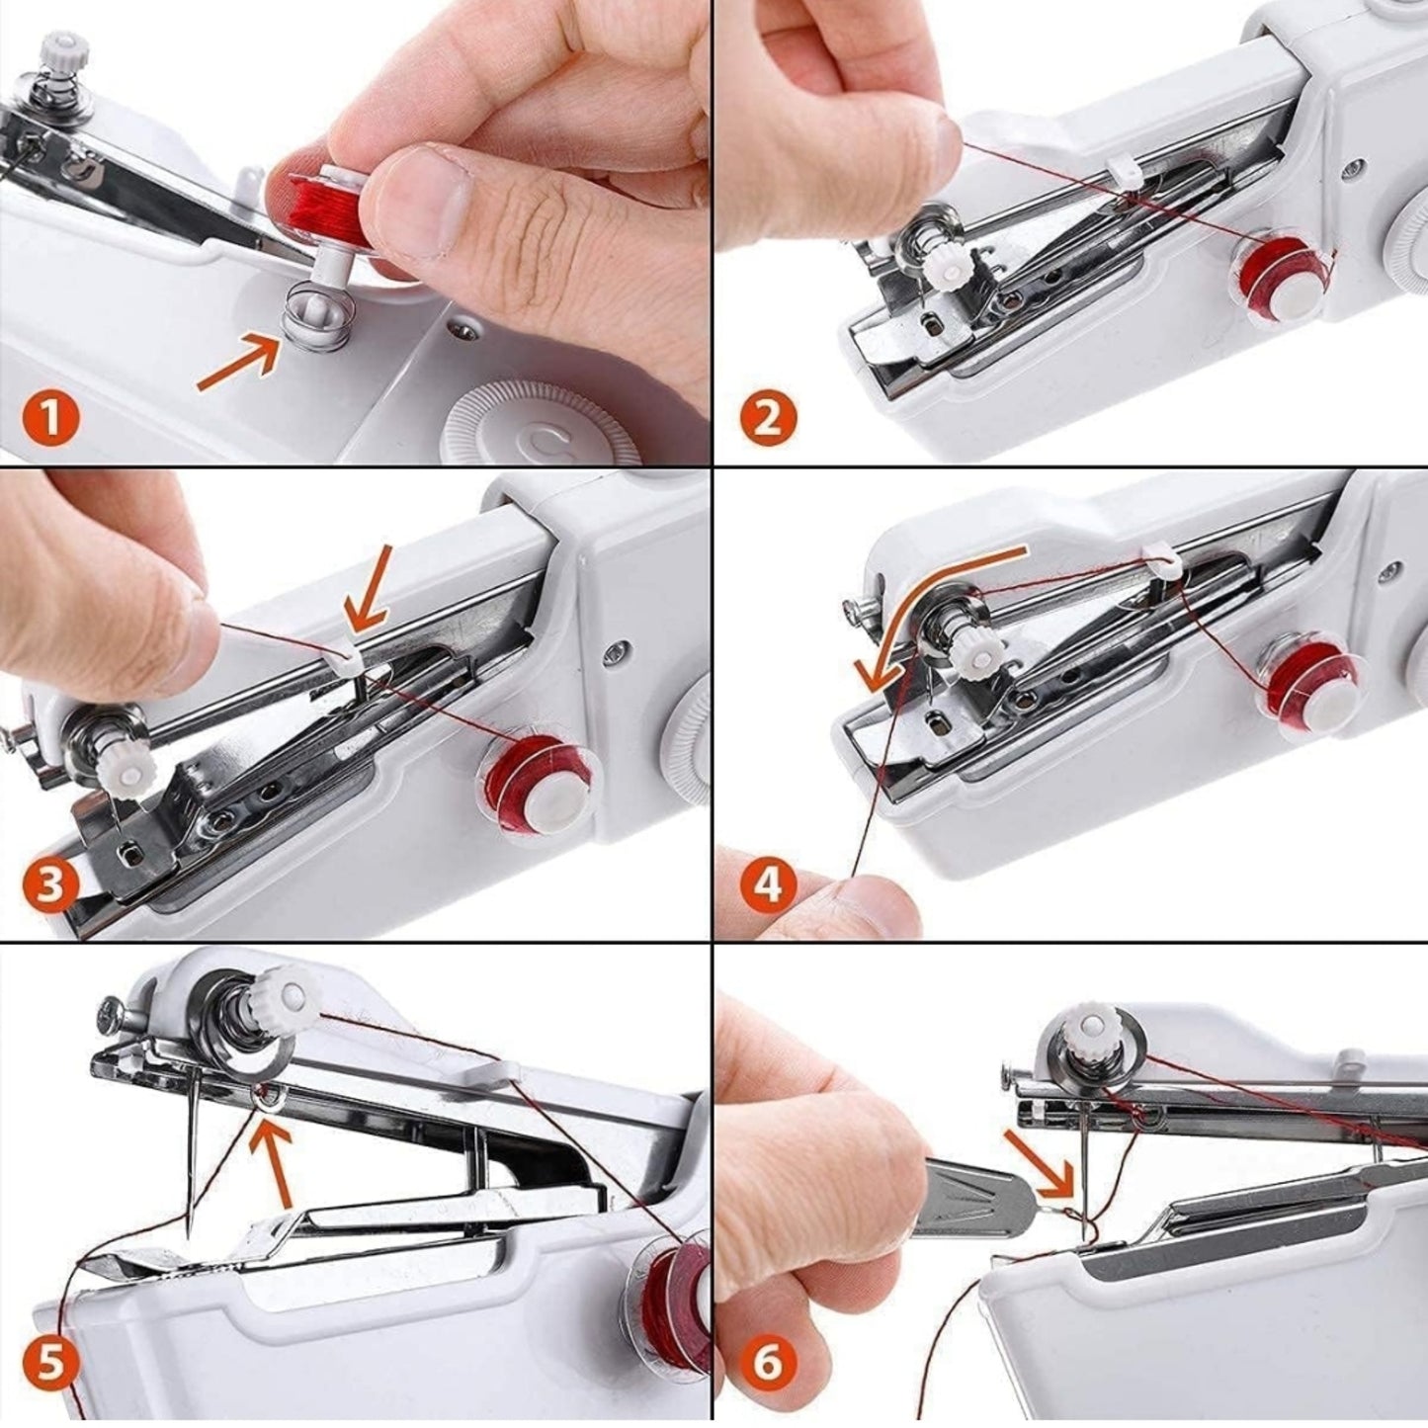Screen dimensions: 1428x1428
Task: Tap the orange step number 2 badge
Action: [x=768, y=419]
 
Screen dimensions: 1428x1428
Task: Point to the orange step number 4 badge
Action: [x=768, y=886]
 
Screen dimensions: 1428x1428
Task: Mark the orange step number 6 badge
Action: [x=768, y=1364]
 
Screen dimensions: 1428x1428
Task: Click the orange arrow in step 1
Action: [x=237, y=363]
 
